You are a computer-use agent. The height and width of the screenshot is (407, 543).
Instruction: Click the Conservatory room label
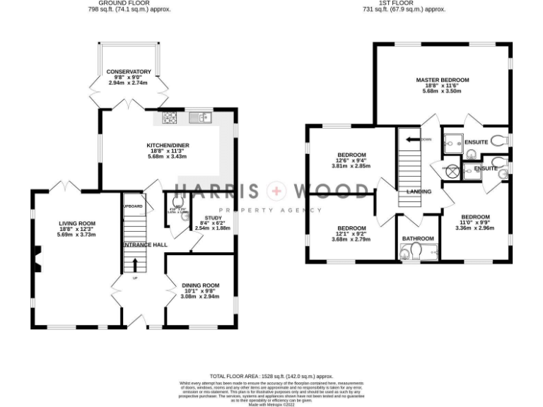point(129,72)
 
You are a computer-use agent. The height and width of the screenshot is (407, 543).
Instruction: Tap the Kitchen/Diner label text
point(168,146)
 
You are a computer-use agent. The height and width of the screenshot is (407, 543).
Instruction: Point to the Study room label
point(213,218)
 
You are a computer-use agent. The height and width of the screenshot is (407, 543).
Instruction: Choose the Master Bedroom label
point(442,80)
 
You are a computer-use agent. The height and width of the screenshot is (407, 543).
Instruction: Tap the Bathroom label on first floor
point(418,239)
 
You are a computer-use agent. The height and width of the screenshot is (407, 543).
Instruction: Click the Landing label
point(420,191)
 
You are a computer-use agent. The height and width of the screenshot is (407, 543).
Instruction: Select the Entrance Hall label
point(146,244)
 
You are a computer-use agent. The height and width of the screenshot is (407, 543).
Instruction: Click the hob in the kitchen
point(170,118)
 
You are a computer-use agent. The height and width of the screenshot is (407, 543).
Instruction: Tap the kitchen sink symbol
point(202,117)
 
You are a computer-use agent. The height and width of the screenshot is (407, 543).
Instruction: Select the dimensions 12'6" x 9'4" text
point(351,160)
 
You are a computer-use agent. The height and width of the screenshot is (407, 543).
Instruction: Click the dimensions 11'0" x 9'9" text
point(475,223)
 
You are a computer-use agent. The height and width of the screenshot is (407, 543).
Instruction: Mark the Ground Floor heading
point(129,4)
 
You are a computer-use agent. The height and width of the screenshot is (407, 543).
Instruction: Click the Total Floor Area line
point(271,377)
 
